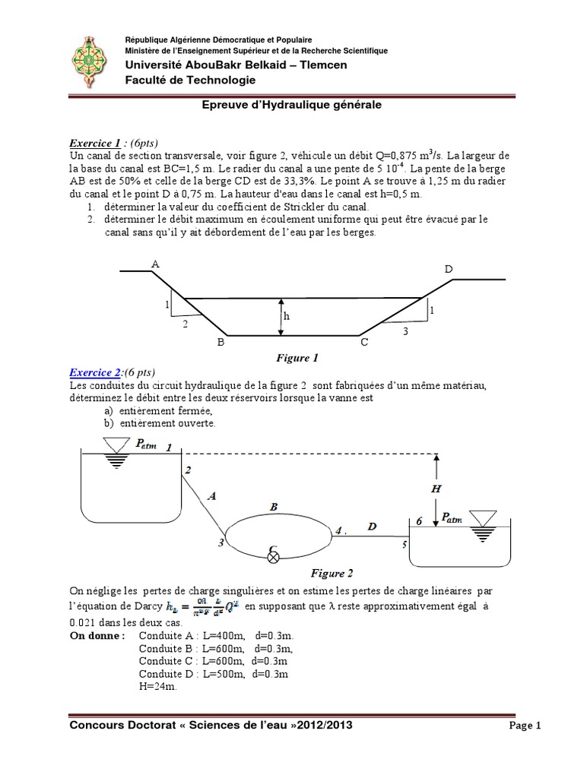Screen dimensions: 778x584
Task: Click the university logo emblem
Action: [92, 62]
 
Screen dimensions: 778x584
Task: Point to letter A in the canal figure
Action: [155, 264]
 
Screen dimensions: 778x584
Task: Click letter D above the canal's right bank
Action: [449, 269]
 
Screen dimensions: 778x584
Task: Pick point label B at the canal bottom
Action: [221, 343]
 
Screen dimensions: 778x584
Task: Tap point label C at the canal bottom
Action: [364, 343]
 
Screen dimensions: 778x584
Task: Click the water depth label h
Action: [287, 316]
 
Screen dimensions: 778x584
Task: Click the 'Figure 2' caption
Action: [332, 574]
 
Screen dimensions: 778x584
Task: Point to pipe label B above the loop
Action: [274, 505]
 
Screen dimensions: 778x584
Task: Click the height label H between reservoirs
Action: [436, 489]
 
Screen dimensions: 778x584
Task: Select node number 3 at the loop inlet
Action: [221, 542]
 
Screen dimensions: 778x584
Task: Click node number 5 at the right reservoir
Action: [404, 544]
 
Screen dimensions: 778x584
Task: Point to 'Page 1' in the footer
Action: [525, 726]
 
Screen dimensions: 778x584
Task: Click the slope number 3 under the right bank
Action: [405, 331]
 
